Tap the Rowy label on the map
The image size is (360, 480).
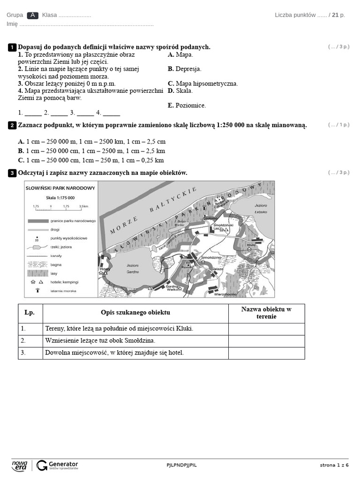pos(104,269)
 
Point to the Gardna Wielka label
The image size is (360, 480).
pos(172,288)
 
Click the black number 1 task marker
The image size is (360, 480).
pos(12,47)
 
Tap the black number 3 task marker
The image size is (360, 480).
pos(12,173)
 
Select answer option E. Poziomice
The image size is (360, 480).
pos(187,105)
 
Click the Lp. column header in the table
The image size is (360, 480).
pos(30,313)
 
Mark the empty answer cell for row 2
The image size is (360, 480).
pos(266,341)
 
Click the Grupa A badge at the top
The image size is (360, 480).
pos(33,15)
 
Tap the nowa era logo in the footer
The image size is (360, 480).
pos(20,465)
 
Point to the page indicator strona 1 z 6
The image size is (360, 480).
pos(334,465)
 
